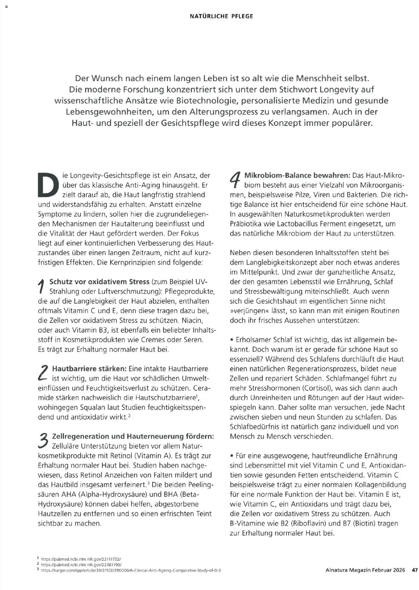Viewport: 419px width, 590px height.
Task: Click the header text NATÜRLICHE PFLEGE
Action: point(221,16)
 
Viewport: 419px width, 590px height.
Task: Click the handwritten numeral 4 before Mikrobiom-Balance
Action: point(235,180)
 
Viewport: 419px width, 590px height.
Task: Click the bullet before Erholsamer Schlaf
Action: point(232,340)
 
